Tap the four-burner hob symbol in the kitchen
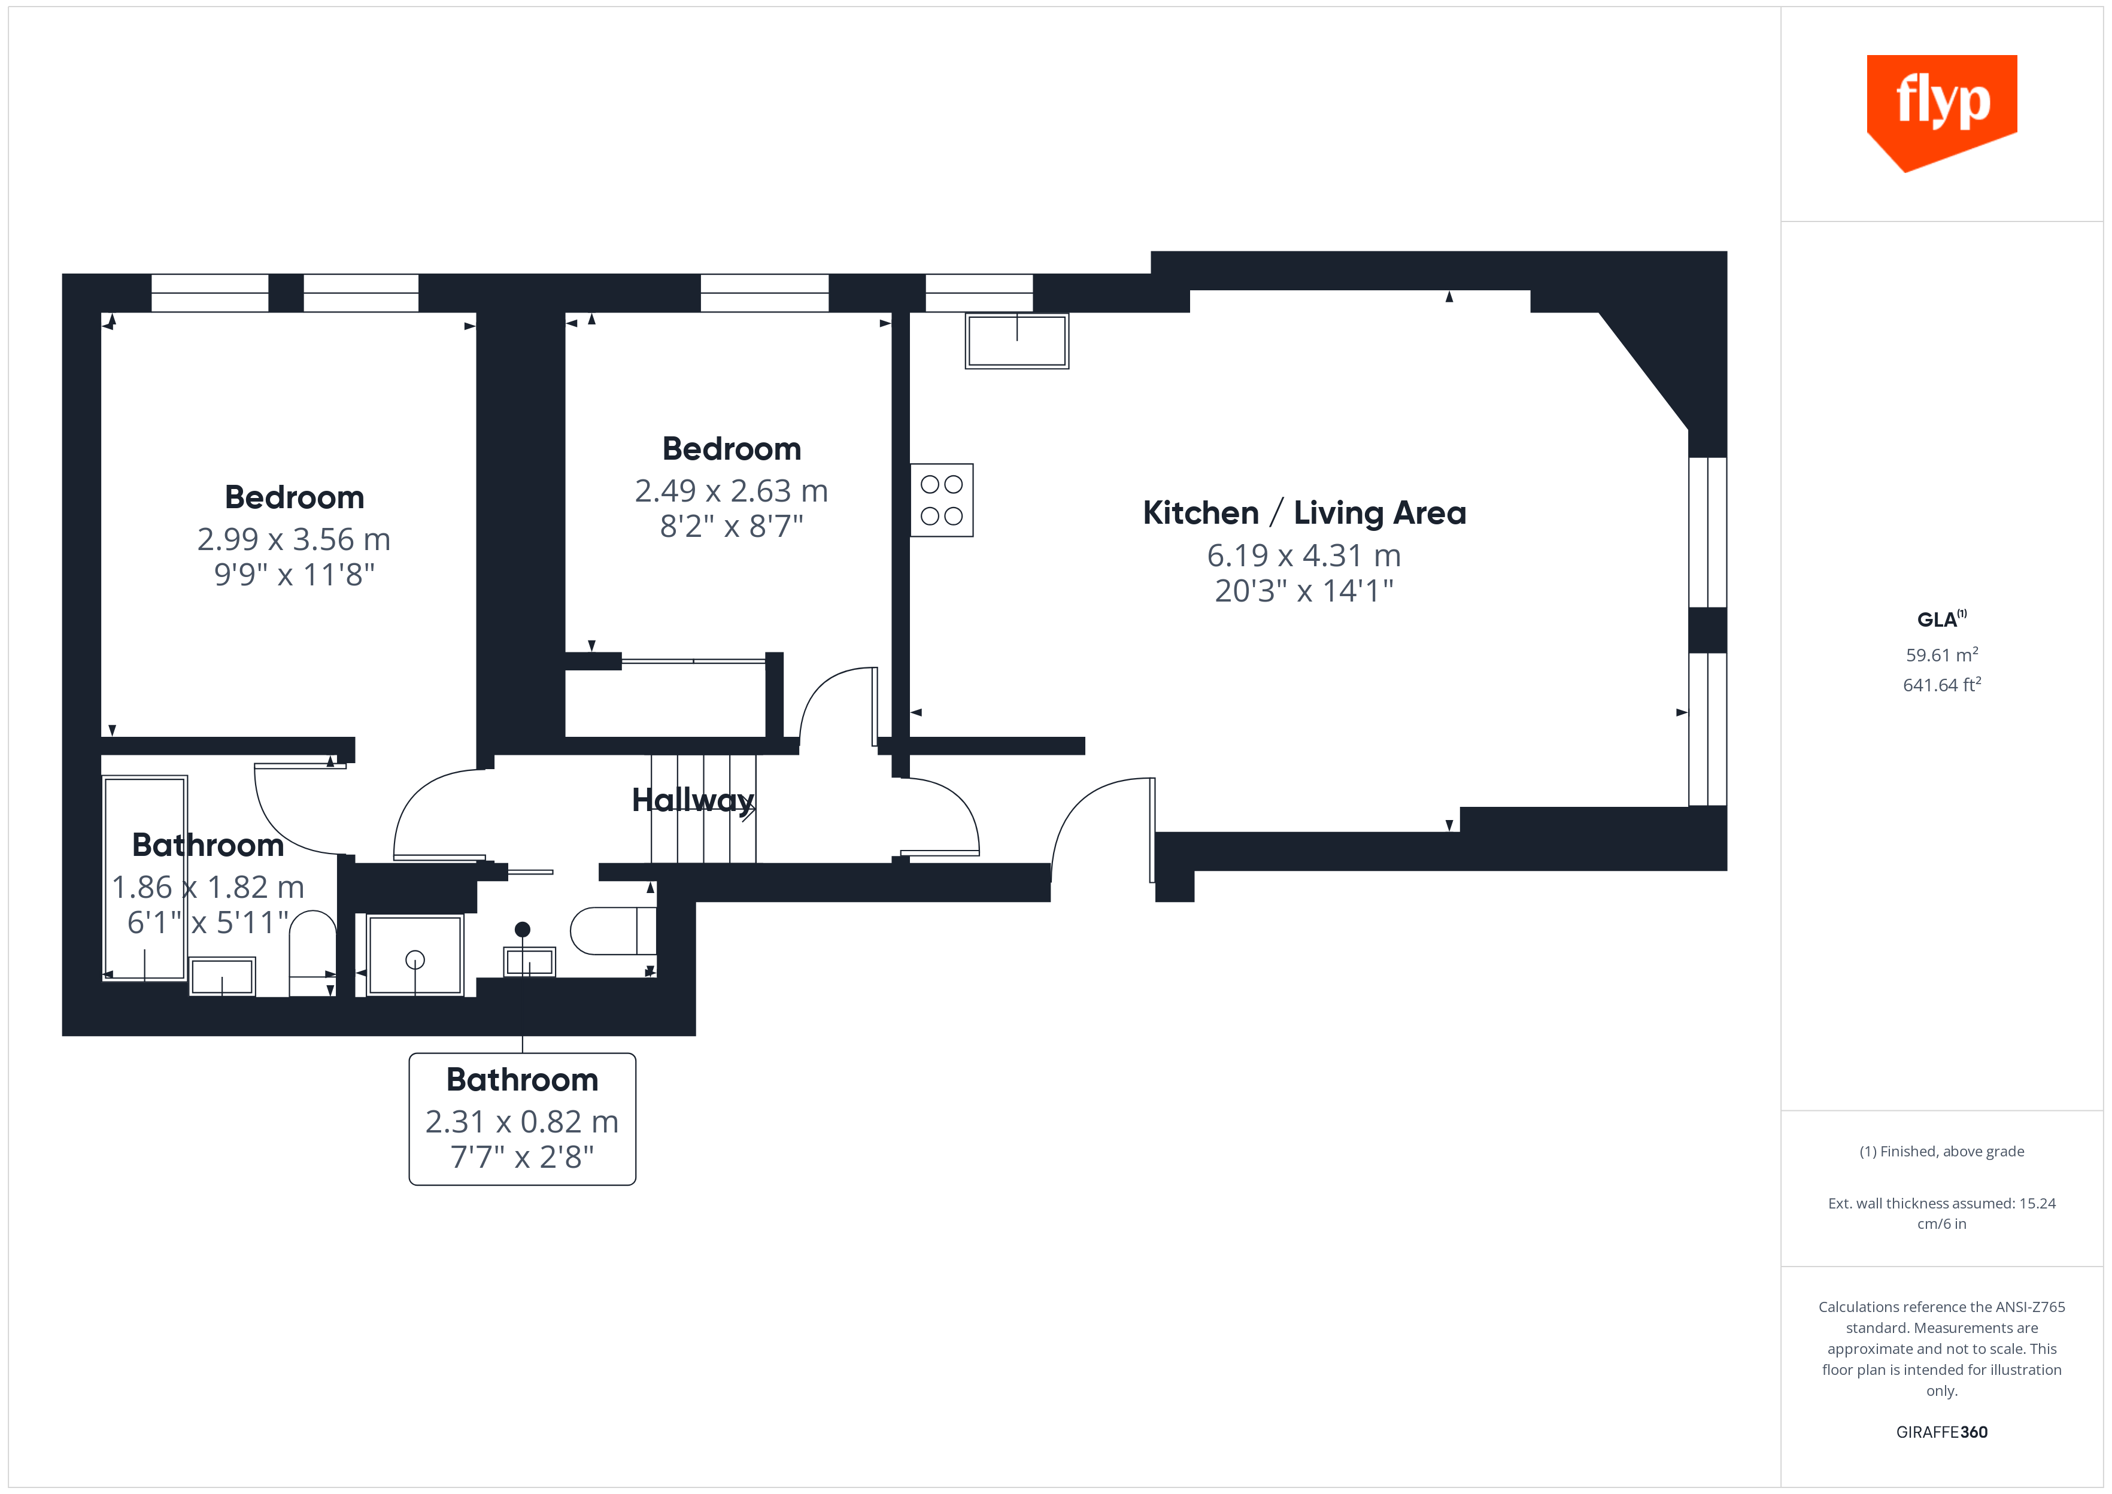click(941, 500)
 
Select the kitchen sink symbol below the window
click(1016, 341)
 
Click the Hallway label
click(693, 800)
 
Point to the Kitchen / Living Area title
click(1303, 512)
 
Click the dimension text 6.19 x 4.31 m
click(1303, 555)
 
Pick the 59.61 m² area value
click(1941, 654)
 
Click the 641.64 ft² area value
click(1941, 684)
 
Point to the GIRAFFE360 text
click(1941, 1431)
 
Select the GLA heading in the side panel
click(1939, 619)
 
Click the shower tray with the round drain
click(415, 955)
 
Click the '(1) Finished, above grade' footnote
click(1941, 1151)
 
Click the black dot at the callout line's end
click(523, 929)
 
